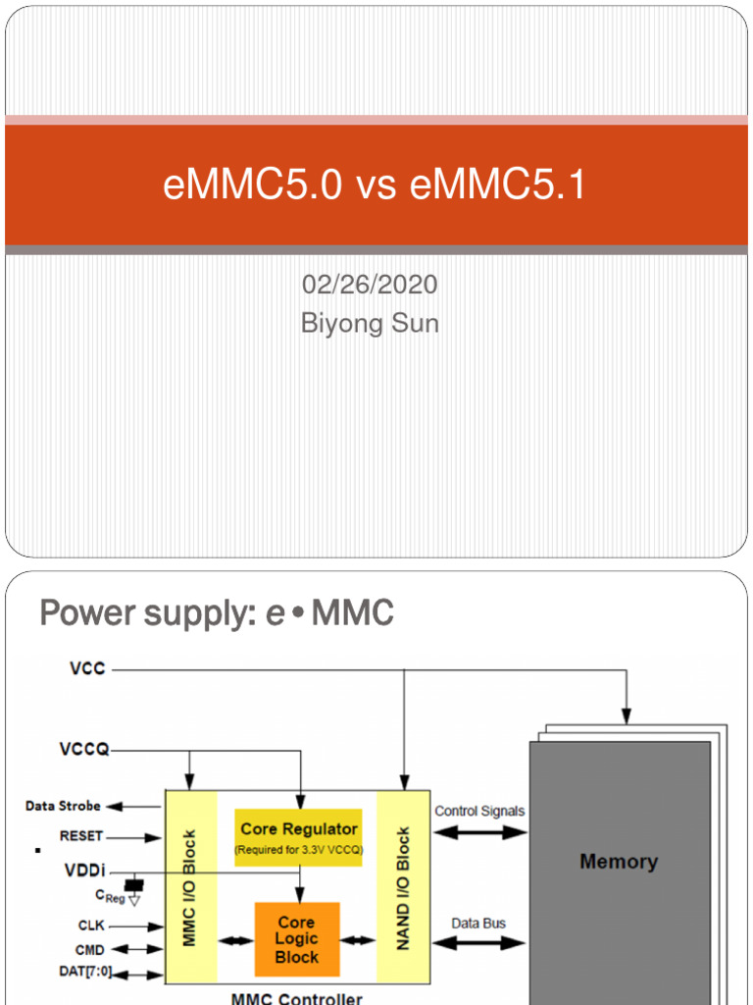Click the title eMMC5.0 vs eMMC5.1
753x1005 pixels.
(375, 185)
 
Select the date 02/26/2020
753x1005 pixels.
(370, 286)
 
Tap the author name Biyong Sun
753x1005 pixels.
(370, 323)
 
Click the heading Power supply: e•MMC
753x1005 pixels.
(217, 614)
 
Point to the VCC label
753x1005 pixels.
(88, 669)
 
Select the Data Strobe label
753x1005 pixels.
(63, 806)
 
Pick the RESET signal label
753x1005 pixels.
(80, 837)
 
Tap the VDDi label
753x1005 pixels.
(85, 871)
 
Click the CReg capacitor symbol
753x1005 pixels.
(134, 886)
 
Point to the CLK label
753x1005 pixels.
(91, 926)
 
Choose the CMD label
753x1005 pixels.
(90, 950)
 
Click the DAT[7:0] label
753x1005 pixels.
(85, 974)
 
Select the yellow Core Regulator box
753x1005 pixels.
(299, 836)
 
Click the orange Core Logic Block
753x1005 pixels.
(296, 939)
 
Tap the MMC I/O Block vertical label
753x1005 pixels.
(190, 889)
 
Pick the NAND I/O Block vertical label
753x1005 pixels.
(403, 889)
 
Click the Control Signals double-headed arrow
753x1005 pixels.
(479, 832)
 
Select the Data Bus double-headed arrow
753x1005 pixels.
(479, 944)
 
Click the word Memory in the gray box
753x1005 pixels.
(619, 862)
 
